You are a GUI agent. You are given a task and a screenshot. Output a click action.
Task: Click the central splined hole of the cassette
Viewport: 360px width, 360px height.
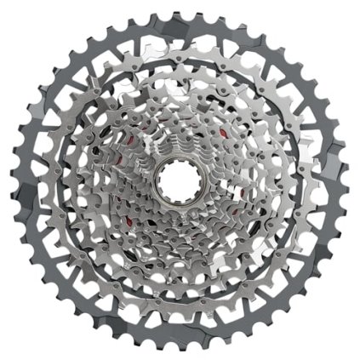[180, 180]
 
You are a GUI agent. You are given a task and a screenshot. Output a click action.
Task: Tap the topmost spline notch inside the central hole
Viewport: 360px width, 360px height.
[180, 164]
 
